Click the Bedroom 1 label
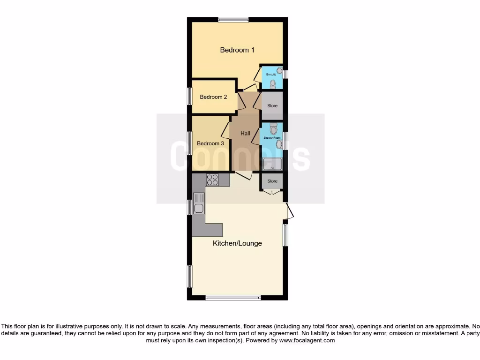(x=237, y=50)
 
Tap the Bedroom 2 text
(x=213, y=97)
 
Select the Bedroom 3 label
(x=210, y=143)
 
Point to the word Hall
(x=245, y=134)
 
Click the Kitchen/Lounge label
(x=237, y=243)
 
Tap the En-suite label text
(x=270, y=75)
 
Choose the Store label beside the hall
(x=272, y=106)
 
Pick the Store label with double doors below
(x=272, y=181)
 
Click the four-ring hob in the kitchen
(x=212, y=180)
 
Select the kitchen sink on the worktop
(x=199, y=208)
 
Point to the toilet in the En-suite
(x=273, y=83)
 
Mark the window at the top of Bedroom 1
(x=233, y=19)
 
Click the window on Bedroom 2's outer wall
(x=190, y=97)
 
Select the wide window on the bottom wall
(x=233, y=297)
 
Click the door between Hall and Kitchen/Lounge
(x=243, y=176)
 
